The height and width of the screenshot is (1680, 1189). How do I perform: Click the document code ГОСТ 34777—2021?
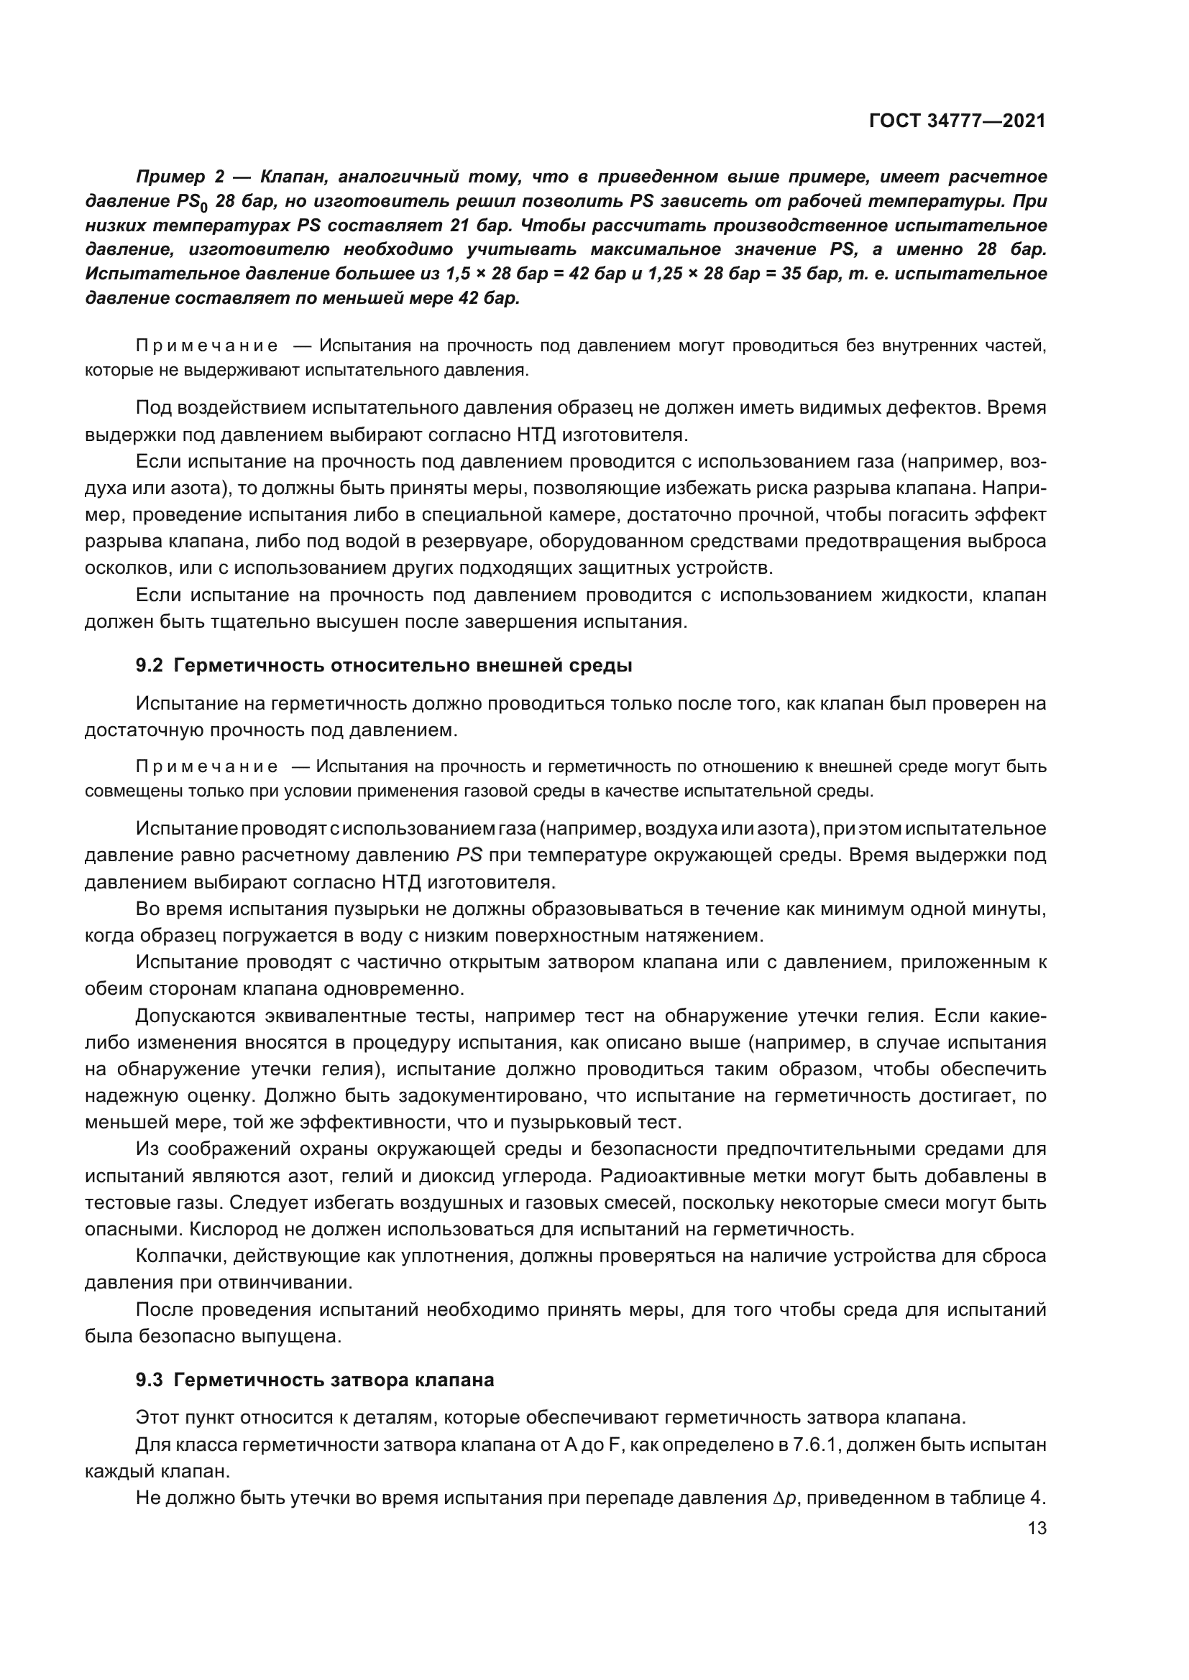[957, 121]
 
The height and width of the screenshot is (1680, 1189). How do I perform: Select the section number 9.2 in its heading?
[150, 666]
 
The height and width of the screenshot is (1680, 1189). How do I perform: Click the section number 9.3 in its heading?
[150, 1380]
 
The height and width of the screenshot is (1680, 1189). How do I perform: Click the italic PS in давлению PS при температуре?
[469, 855]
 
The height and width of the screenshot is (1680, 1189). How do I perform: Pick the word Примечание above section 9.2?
[207, 346]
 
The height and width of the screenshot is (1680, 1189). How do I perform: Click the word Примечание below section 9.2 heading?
[207, 767]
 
